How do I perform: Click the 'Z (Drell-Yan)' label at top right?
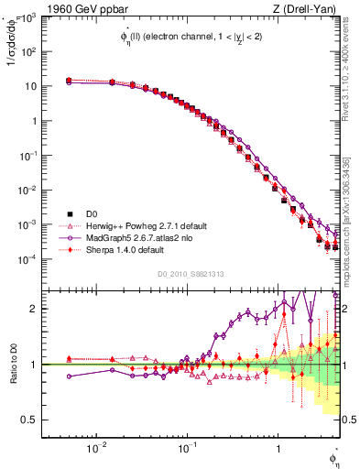point(308,8)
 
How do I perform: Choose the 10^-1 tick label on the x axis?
point(186,447)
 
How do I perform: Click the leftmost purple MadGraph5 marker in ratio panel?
point(69,376)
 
